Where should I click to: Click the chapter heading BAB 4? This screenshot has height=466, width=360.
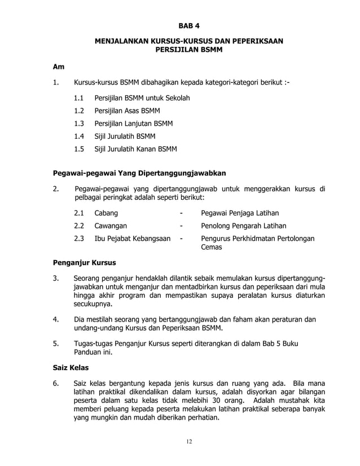click(x=189, y=26)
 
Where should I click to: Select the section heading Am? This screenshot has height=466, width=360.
click(x=58, y=67)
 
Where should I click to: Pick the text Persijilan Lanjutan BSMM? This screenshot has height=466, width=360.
click(x=133, y=124)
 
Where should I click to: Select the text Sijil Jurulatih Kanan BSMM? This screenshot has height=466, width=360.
click(x=135, y=150)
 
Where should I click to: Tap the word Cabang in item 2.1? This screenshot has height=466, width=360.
click(x=106, y=213)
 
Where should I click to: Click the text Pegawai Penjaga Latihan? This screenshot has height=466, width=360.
click(x=240, y=213)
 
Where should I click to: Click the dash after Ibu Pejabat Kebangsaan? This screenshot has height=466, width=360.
click(x=181, y=239)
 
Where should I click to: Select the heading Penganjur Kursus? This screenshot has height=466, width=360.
click(x=84, y=263)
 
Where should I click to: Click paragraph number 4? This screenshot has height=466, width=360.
click(x=55, y=320)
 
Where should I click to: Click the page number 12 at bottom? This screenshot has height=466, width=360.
click(x=189, y=441)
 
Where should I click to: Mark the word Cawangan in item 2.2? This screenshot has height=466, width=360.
click(x=110, y=226)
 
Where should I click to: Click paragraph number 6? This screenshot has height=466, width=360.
click(x=55, y=384)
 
